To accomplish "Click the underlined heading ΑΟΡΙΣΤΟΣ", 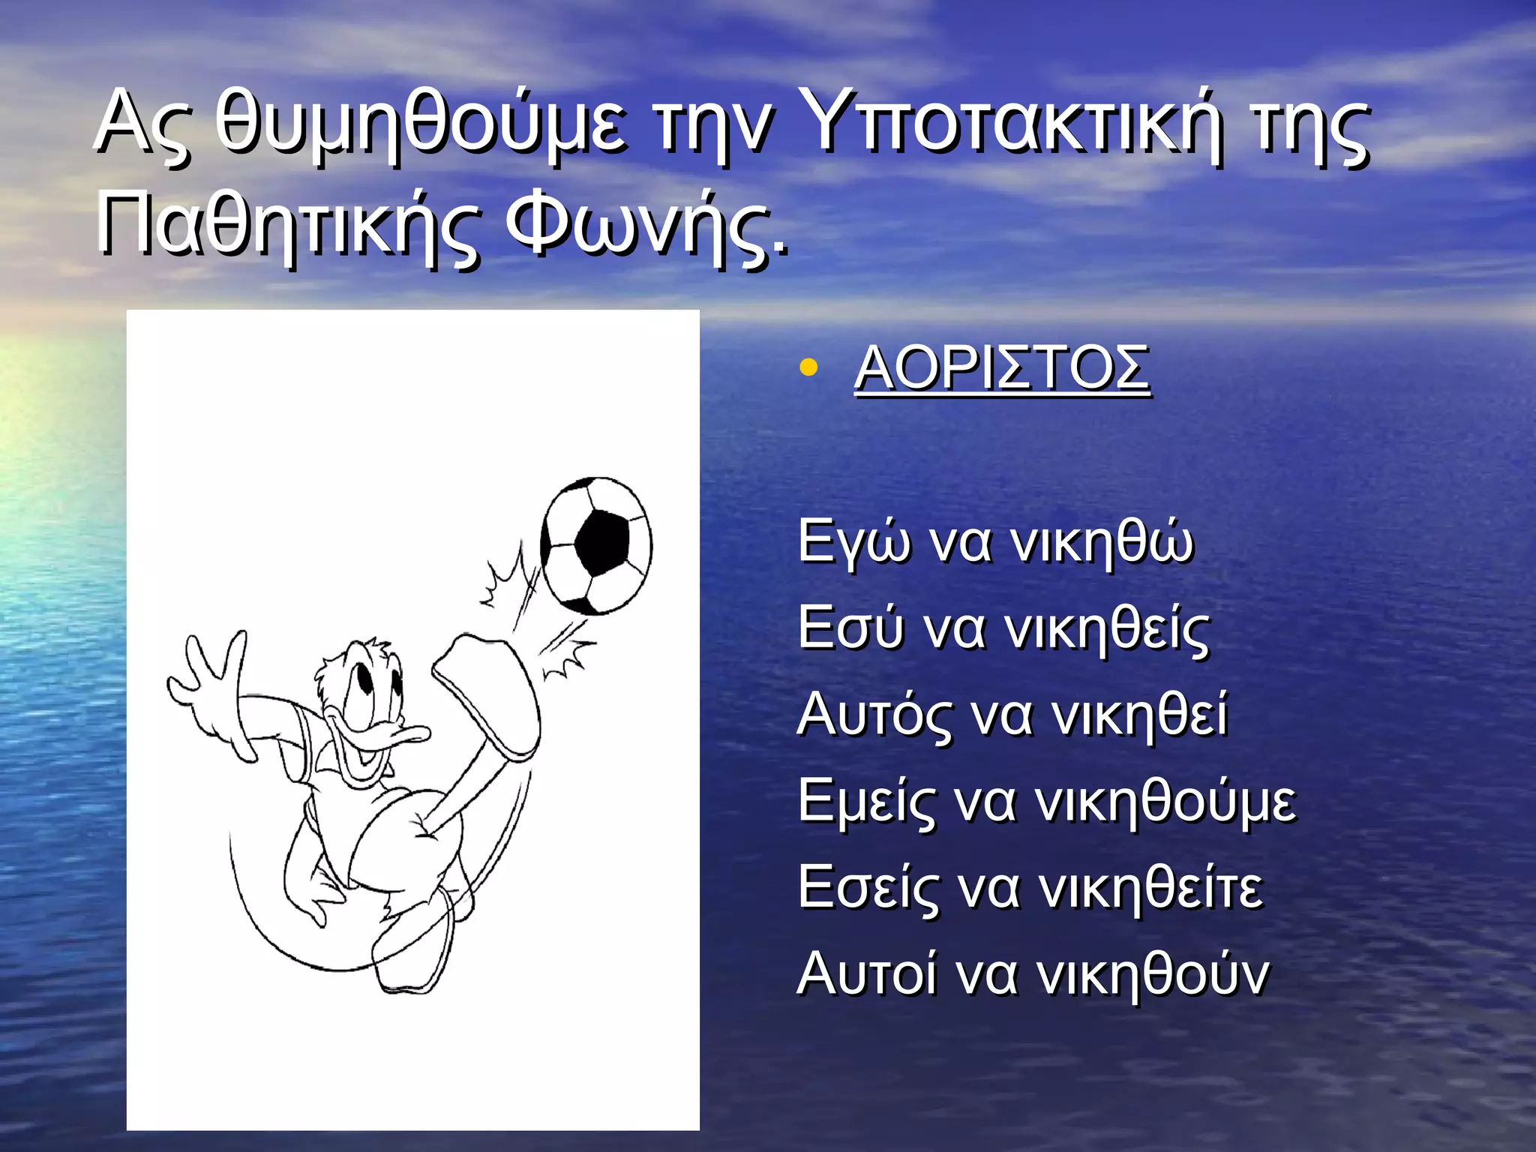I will [1002, 368].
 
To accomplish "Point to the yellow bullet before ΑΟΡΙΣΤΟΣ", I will [808, 367].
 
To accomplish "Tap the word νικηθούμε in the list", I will [1165, 801].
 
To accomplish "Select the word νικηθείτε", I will [1151, 888].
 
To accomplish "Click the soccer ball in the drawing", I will [596, 545].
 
